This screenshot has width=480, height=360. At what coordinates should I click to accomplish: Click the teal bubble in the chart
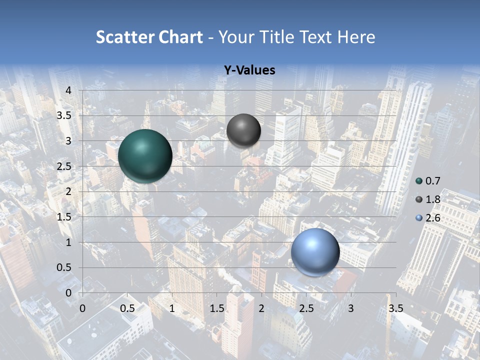(x=145, y=156)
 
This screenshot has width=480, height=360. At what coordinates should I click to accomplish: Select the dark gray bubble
(x=243, y=130)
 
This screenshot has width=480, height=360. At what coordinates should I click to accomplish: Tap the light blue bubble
(x=315, y=252)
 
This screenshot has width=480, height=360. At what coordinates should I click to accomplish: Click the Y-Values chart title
(x=249, y=70)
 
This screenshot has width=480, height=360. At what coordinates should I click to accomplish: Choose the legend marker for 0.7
(x=419, y=181)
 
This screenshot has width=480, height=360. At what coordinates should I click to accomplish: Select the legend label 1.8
(x=433, y=199)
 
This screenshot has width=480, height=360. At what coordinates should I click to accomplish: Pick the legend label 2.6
(x=433, y=218)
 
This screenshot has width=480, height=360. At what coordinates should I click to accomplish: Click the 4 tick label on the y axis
(x=69, y=90)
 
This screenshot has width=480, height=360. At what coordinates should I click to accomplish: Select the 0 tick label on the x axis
(x=82, y=308)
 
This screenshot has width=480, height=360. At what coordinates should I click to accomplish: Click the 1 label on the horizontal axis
(x=172, y=308)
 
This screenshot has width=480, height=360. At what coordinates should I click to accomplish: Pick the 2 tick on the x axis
(x=261, y=308)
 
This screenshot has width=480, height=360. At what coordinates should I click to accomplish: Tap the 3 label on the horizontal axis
(x=351, y=308)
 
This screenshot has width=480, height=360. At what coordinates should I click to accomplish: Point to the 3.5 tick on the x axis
(x=395, y=308)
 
